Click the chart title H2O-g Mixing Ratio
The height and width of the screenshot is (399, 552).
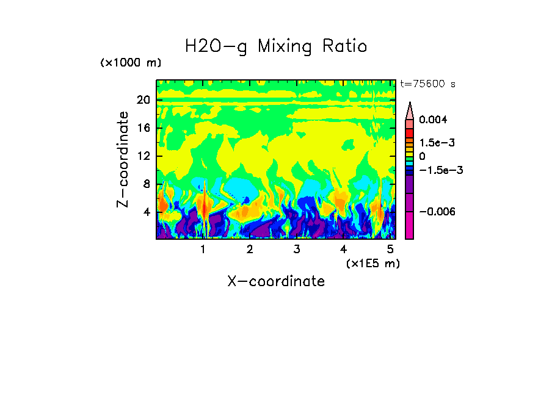(276, 46)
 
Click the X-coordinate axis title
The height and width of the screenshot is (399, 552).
(276, 281)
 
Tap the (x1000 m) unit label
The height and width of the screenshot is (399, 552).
(131, 63)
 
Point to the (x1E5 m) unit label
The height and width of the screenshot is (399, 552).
(372, 263)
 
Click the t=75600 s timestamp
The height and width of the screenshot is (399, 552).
(427, 84)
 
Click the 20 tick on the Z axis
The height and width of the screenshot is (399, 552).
(143, 100)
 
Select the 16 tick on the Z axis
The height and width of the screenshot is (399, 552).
(143, 128)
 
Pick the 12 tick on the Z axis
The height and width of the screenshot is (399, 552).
(143, 156)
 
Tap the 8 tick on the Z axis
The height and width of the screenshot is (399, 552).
(146, 184)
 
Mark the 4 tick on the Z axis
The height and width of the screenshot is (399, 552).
(146, 212)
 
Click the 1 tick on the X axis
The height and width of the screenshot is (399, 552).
(203, 250)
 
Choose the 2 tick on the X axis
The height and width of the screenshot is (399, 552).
(250, 250)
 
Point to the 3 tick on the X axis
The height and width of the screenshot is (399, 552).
(296, 250)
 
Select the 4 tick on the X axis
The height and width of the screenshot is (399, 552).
(343, 250)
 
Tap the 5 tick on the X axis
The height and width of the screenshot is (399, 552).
(390, 250)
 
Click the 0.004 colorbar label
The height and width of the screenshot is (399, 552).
(434, 120)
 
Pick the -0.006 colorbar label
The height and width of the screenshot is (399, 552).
(438, 212)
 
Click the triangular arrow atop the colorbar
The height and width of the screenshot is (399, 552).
(410, 110)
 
